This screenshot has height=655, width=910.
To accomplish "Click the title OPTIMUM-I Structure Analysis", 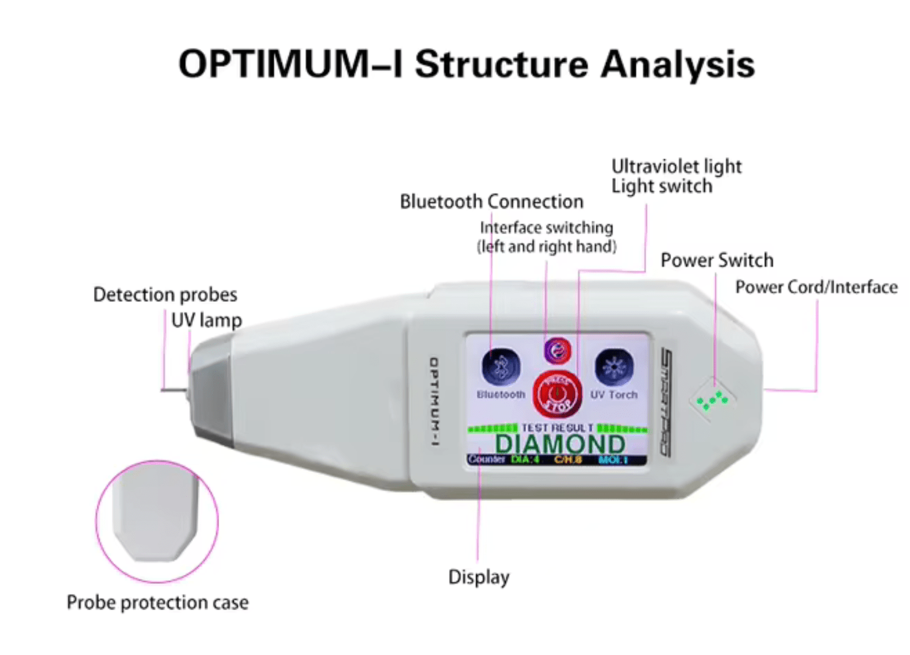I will (466, 64).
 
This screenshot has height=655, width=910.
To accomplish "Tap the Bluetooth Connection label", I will (491, 201).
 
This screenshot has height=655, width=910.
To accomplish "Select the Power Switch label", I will (716, 260).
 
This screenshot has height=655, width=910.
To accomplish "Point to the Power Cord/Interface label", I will (816, 287).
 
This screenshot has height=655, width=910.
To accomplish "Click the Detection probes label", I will (165, 295).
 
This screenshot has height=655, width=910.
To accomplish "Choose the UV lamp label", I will (206, 320).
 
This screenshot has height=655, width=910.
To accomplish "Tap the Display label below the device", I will (479, 577).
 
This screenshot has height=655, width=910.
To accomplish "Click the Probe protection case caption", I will (158, 602).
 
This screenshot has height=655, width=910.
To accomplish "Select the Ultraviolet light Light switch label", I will (676, 176).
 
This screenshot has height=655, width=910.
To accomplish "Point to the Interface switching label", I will (547, 237).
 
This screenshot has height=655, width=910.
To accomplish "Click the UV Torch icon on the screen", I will (614, 368).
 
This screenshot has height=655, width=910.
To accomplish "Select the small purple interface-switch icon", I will (557, 351).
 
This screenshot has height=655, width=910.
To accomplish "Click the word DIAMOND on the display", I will (559, 444).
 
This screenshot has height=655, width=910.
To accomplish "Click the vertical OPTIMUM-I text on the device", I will (434, 401).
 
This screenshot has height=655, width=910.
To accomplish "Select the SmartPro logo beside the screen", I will (666, 401).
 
